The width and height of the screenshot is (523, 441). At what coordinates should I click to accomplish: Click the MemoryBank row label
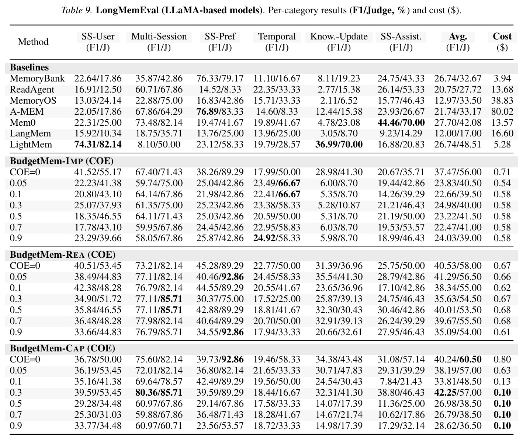(x=37, y=79)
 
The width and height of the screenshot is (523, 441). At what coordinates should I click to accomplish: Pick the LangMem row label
(x=30, y=133)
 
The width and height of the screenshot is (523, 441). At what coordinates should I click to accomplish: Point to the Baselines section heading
(x=29, y=67)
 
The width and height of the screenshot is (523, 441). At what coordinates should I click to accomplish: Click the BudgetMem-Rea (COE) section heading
(x=63, y=255)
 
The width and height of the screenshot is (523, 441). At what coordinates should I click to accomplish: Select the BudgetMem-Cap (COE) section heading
(x=62, y=348)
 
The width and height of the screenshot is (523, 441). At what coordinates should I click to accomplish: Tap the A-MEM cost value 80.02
(x=502, y=111)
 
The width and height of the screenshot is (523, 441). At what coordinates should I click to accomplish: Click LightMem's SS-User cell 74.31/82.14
(x=98, y=145)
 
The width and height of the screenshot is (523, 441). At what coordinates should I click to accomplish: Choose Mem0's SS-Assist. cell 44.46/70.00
(x=401, y=122)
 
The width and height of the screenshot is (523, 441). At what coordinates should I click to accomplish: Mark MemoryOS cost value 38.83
(x=502, y=100)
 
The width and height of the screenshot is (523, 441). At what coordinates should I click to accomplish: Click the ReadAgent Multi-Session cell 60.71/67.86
(x=159, y=89)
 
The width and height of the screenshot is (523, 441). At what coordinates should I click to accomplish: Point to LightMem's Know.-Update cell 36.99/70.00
(x=339, y=145)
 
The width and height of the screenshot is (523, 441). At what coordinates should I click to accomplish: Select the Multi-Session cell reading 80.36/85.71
(x=159, y=392)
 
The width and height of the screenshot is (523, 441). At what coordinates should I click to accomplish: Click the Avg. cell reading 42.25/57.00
(x=458, y=392)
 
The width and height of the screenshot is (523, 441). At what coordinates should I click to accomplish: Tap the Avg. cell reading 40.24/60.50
(x=458, y=360)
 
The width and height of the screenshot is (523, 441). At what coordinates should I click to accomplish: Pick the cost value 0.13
(x=502, y=381)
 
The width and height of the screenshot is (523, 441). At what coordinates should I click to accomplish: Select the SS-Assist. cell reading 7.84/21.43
(x=401, y=381)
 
